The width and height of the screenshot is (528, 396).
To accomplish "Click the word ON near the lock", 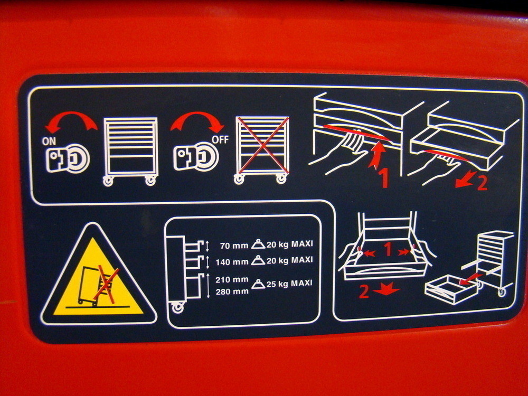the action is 49,142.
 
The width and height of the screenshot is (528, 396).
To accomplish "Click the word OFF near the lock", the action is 220,140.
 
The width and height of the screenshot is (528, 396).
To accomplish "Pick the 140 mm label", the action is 232,262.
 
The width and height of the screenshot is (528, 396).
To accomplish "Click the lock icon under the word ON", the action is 68,158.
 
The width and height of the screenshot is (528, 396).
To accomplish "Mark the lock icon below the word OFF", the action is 196,157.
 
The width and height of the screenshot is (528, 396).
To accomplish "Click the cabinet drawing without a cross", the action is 130,152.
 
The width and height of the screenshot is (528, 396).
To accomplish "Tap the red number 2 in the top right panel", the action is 482,184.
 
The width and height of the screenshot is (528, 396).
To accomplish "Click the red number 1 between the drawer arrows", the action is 388,250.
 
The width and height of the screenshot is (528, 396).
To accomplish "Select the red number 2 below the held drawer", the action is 364,291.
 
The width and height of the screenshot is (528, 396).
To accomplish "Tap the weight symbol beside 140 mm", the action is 258,260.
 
